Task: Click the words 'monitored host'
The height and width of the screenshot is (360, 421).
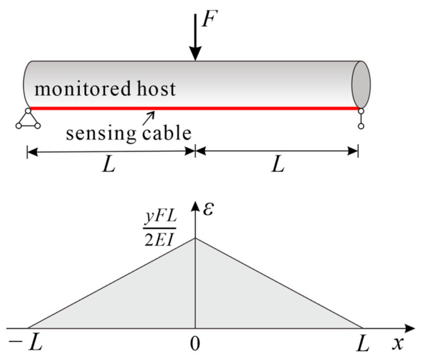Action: (x=105, y=89)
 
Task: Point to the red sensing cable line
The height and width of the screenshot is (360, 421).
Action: (x=253, y=108)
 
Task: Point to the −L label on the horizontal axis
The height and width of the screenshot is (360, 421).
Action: (x=21, y=345)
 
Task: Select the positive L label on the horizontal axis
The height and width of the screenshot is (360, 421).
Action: (x=362, y=345)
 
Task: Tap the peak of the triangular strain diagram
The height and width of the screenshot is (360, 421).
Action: (x=195, y=238)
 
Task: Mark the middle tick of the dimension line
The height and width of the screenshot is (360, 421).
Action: (x=195, y=150)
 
